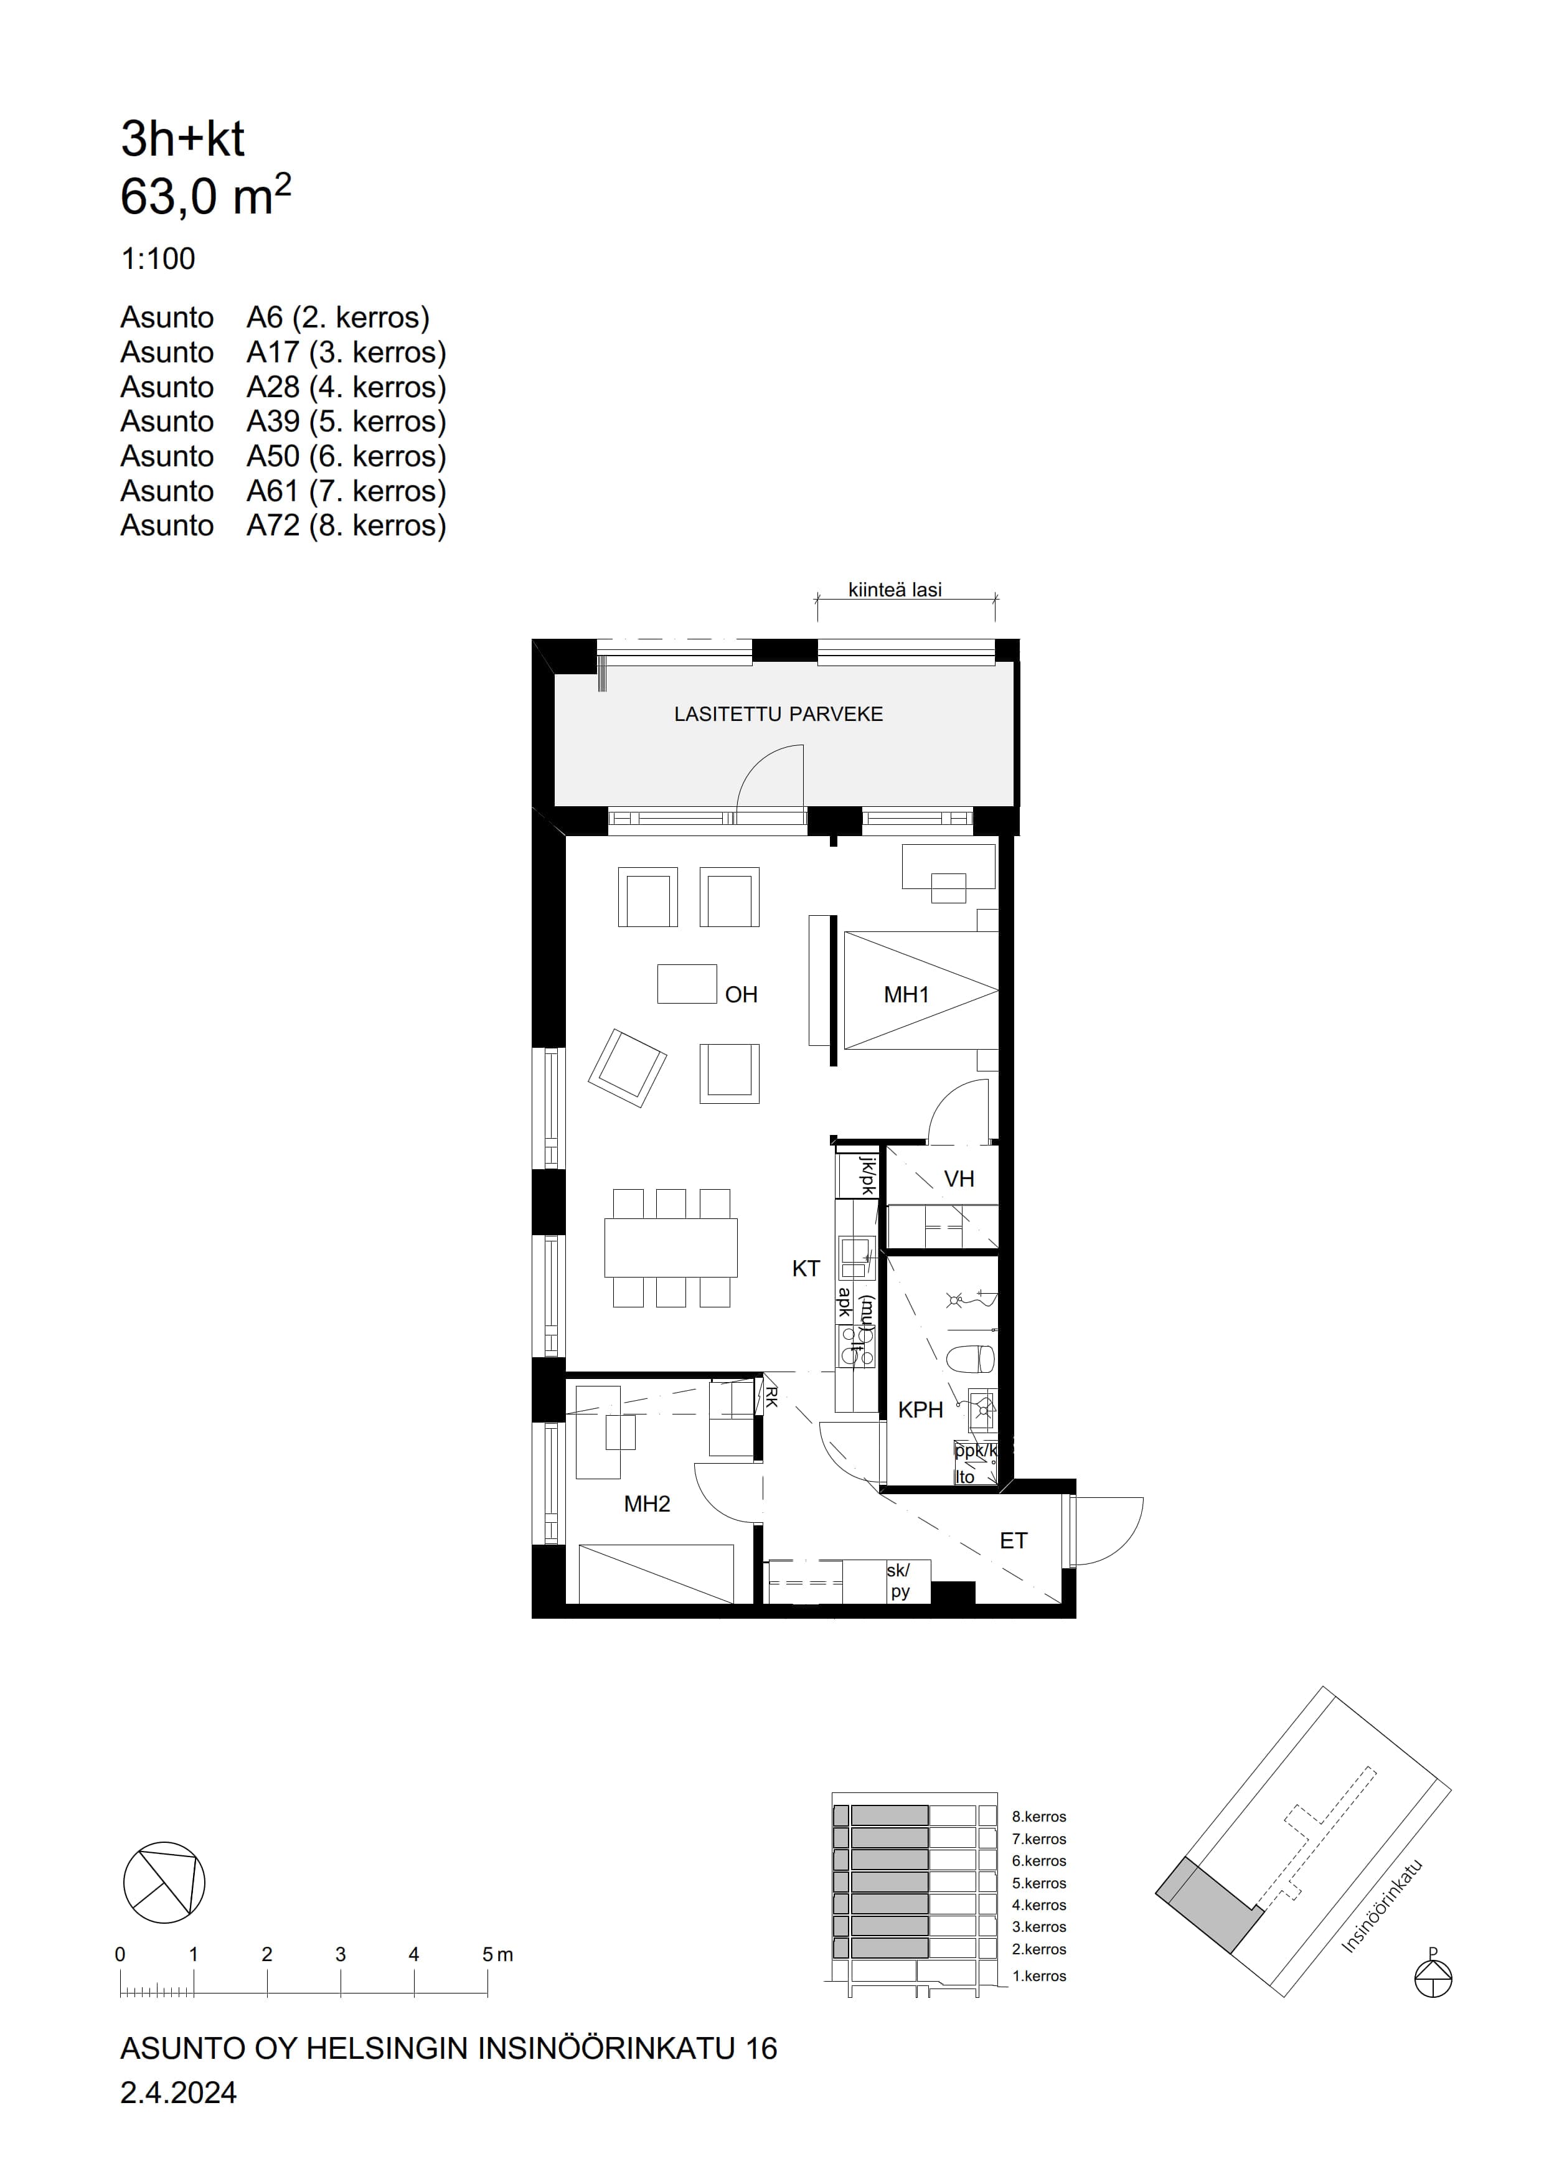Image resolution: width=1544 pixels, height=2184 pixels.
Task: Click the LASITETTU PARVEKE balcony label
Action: (x=778, y=714)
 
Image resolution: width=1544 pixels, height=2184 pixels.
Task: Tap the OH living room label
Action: (x=741, y=995)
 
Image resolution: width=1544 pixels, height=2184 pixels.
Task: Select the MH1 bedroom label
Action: (x=906, y=995)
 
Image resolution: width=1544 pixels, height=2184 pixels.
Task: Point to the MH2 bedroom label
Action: (x=647, y=1504)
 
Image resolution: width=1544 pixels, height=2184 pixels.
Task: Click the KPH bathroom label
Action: (x=920, y=1410)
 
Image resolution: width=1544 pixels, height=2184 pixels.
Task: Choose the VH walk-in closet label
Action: (x=959, y=1180)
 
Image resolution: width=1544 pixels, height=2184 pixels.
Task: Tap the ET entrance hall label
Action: (x=1013, y=1541)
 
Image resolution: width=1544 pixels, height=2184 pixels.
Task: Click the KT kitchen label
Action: (x=806, y=1269)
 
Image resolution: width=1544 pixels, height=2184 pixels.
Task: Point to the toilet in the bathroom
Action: (x=972, y=1358)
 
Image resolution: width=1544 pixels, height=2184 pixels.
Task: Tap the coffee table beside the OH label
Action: (x=687, y=984)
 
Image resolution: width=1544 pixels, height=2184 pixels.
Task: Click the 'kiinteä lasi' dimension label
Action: (x=895, y=590)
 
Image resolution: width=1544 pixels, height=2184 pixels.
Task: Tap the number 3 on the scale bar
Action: (x=341, y=1955)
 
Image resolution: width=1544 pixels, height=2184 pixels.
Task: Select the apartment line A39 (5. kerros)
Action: (x=283, y=421)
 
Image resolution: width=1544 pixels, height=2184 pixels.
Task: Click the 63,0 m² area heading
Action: (x=205, y=196)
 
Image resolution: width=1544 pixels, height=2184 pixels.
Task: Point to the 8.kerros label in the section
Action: (x=1039, y=1817)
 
